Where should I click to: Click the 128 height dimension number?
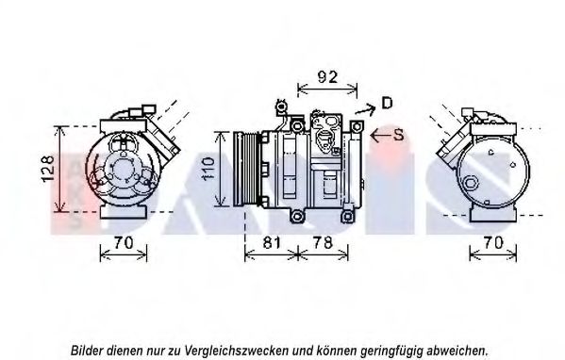pos(49,169)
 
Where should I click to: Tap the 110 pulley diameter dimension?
pos(208,168)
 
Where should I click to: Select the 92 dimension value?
pos(327,77)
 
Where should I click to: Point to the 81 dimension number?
pos(272,243)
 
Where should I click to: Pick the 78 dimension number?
pos(323,243)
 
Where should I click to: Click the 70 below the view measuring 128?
pos(124,243)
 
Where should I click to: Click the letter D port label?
pos(387,104)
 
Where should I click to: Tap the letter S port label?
pos(399,135)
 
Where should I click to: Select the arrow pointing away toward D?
pos(366,108)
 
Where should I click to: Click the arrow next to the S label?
pos(380,136)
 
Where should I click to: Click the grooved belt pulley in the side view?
pos(246,170)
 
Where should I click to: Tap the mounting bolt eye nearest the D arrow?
pos(357,126)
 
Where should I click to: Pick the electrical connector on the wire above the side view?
pos(281,106)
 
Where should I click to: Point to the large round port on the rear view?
pos(472,183)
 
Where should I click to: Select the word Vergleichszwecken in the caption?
pos(237,351)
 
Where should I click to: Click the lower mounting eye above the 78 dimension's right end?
pos(347,216)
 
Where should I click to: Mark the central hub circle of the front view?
pos(123,170)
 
